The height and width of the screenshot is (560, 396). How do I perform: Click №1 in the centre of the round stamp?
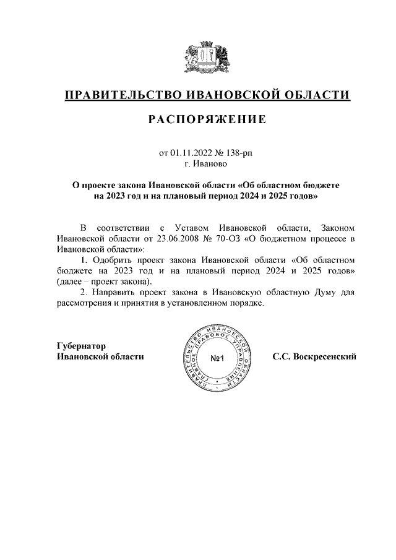pos(219,358)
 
